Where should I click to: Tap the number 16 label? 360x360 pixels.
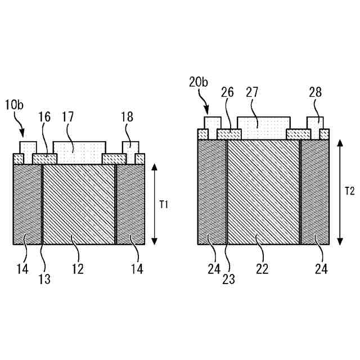44,117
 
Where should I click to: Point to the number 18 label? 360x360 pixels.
127,117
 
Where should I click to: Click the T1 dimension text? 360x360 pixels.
164,205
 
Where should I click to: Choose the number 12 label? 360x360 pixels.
78,269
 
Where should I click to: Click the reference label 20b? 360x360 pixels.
198,83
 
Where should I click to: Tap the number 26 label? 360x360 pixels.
228,93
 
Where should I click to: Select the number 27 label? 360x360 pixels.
253,93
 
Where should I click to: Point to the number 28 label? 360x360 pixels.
315,93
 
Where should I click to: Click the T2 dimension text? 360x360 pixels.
349,191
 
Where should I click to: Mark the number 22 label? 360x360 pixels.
262,269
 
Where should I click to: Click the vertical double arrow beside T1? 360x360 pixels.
154,204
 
